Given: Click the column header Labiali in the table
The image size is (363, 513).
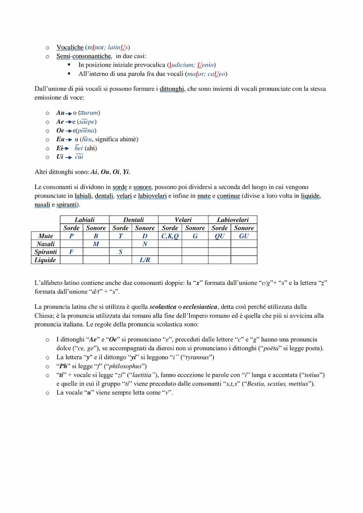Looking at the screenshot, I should click(x=84, y=219).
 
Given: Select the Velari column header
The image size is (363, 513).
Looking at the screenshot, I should click(x=183, y=219).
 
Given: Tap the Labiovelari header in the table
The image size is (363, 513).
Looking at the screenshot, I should click(x=232, y=219).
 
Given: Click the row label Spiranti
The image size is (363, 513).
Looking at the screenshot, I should click(x=46, y=252).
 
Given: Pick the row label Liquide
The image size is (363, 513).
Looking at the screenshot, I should click(x=46, y=260).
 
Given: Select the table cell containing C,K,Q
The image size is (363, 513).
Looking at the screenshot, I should click(x=170, y=236).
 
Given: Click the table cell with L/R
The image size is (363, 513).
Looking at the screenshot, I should click(x=145, y=260).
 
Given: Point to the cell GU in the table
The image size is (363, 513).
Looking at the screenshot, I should click(x=244, y=236).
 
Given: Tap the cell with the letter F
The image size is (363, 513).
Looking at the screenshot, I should click(x=71, y=252).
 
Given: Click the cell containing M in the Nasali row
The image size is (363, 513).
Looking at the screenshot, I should click(x=96, y=244).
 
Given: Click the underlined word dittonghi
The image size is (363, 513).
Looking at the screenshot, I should click(x=172, y=89).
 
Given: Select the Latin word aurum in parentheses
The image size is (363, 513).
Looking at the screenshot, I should click(x=89, y=113).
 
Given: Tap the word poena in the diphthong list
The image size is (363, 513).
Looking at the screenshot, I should click(x=86, y=130).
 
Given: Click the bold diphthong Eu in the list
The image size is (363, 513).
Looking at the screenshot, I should click(x=60, y=139).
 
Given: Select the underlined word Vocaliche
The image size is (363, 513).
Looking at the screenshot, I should click(x=70, y=47).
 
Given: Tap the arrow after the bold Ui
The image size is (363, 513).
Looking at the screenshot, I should click(x=69, y=157).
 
